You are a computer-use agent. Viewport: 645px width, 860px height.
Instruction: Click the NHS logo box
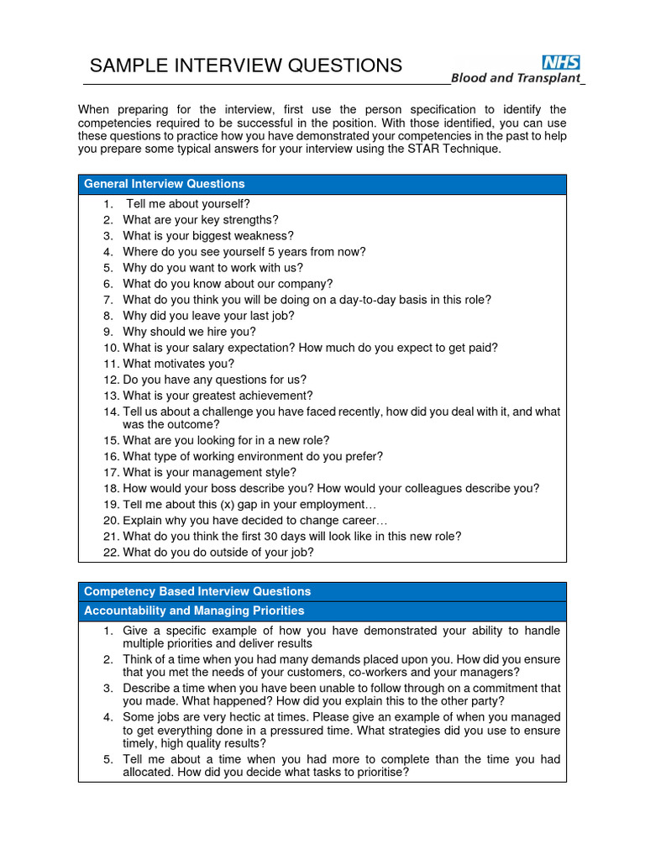click(561, 62)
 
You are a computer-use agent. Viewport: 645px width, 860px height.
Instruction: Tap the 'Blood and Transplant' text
click(516, 78)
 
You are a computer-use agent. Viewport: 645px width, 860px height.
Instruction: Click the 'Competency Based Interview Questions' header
click(197, 591)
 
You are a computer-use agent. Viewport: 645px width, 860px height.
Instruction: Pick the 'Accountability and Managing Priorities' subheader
click(194, 611)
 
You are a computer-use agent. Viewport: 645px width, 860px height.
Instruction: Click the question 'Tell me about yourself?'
click(188, 203)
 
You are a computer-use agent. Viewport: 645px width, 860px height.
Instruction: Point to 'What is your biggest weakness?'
click(208, 236)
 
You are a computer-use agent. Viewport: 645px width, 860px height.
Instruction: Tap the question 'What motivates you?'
click(179, 364)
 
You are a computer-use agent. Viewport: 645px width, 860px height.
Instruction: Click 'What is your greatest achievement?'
click(218, 396)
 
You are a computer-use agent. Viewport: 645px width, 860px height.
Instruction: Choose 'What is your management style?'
click(210, 473)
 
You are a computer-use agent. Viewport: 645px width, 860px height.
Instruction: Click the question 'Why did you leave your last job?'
click(209, 316)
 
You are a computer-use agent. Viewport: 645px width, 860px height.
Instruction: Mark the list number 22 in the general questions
click(112, 552)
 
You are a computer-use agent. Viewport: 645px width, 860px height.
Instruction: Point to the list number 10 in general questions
click(112, 348)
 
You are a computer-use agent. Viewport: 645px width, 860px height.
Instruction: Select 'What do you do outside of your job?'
click(218, 552)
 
